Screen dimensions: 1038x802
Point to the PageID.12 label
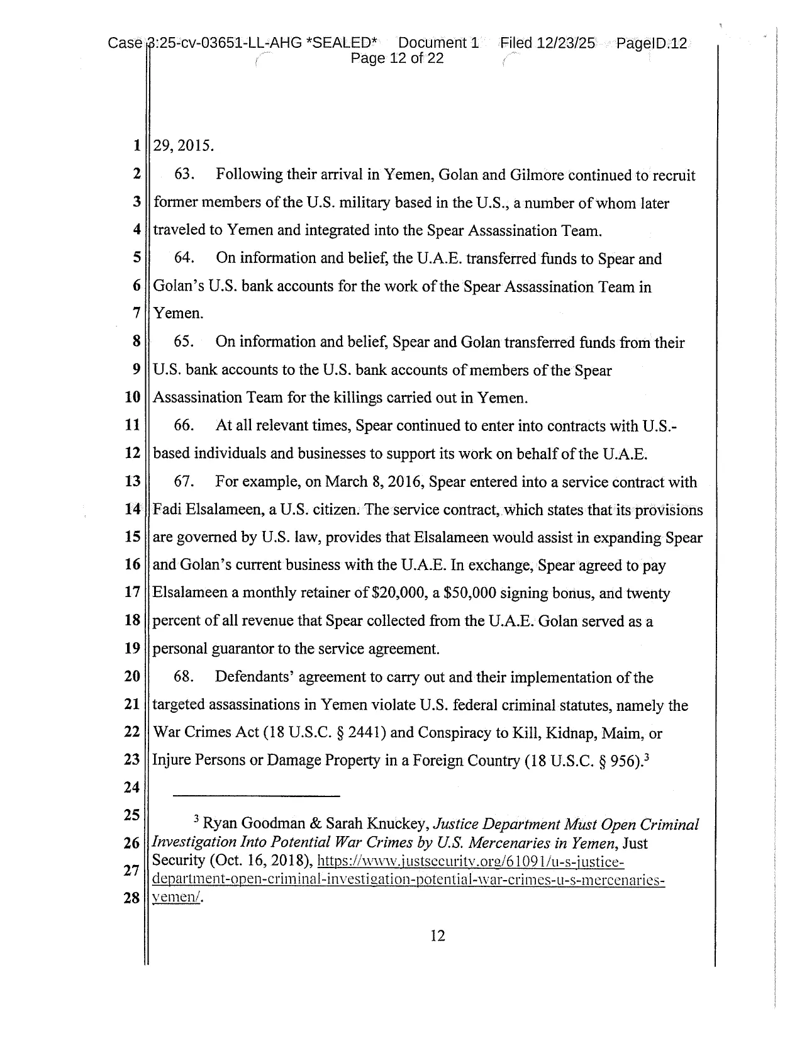[652, 43]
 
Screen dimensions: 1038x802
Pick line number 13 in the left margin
[132, 482]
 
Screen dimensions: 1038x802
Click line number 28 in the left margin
[131, 898]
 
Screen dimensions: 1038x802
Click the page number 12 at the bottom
[438, 936]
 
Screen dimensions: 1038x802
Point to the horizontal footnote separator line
[257, 796]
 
